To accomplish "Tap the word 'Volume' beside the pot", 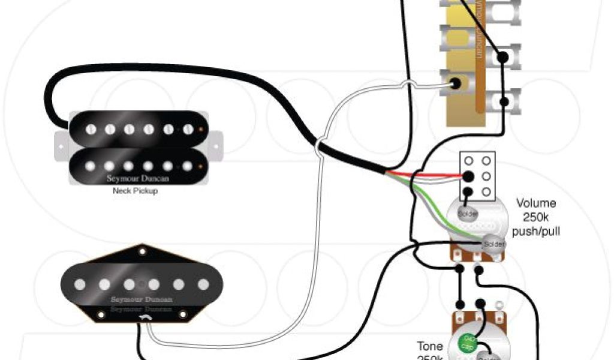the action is (535, 203).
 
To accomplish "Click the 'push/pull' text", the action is (536, 230).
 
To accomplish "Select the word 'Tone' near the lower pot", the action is (430, 346).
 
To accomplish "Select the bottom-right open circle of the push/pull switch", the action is (485, 192).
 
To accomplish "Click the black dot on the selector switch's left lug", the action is (457, 83).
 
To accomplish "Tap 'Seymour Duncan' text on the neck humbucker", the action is (133, 178).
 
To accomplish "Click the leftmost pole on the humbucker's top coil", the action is (91, 129).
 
